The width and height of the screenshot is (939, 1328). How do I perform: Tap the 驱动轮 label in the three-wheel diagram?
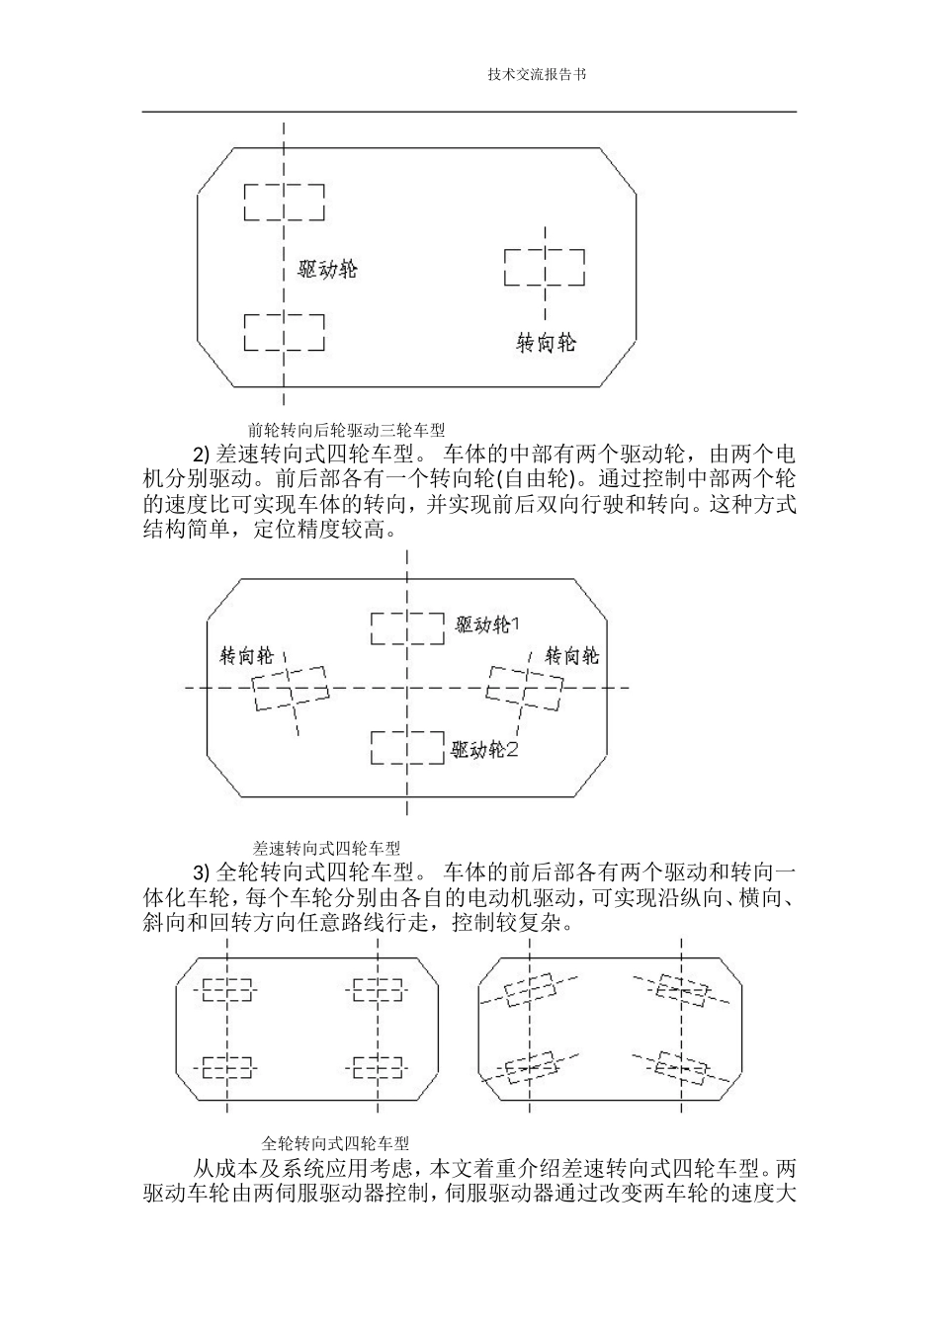[x=327, y=269]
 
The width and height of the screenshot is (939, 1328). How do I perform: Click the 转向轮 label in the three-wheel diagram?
[x=547, y=343]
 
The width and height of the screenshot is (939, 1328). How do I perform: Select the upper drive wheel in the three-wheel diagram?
[x=284, y=203]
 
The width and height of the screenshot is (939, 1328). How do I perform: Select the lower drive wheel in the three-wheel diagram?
[x=284, y=331]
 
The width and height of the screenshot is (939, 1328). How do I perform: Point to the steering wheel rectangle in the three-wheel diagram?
[x=544, y=268]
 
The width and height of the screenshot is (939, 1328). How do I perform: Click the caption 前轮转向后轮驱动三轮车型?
[x=346, y=430]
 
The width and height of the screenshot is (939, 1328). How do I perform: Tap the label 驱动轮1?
[x=487, y=624]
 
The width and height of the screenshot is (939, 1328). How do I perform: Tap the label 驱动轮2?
[x=484, y=750]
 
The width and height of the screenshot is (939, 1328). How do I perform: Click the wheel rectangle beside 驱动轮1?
[x=406, y=627]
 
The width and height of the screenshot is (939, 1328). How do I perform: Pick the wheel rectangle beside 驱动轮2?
[x=406, y=747]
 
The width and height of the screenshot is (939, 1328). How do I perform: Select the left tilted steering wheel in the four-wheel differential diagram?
[x=290, y=687]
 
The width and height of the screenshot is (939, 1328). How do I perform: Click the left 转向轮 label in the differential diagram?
[x=246, y=656]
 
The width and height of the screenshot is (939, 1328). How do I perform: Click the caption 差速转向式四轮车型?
[x=326, y=848]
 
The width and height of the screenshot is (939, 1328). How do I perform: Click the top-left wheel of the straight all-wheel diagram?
[x=227, y=988]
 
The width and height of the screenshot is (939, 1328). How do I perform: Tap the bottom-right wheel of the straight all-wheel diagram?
[x=378, y=1067]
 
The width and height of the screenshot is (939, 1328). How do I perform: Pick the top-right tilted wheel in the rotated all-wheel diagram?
[x=682, y=991]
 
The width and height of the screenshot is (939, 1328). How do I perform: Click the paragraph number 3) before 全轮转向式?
[x=201, y=872]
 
